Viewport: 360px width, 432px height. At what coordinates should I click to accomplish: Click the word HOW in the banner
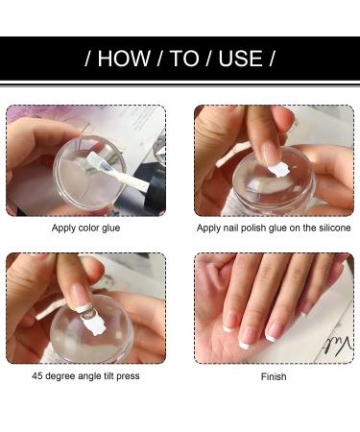coord(124,59)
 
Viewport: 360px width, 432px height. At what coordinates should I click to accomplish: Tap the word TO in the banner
coord(184,59)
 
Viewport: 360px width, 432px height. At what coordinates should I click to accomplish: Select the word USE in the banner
coord(240,59)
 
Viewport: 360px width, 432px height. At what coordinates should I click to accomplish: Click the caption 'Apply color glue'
coord(85,228)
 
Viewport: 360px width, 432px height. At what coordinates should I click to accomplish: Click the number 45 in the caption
coord(36,375)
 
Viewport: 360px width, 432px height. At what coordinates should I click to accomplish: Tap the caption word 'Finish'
coord(274,376)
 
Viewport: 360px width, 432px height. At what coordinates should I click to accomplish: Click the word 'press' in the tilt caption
coord(128,376)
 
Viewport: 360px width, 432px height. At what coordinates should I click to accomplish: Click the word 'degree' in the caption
coord(60,376)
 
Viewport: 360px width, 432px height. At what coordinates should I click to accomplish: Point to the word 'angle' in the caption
coord(88,376)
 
